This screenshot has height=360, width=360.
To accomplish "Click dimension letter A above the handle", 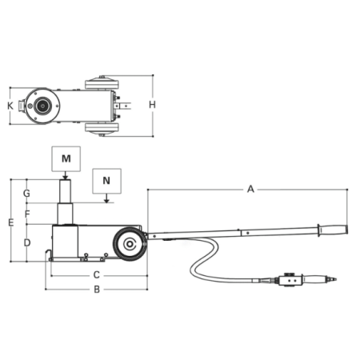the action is tap(250, 189).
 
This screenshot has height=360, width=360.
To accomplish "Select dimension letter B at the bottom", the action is tap(97, 290).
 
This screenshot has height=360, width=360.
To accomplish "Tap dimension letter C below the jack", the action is tap(97, 275).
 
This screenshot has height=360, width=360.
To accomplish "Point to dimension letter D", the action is tap(27, 242).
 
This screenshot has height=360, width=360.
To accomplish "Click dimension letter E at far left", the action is tap(11, 222).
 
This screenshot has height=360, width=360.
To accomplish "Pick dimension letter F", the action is tap(27, 214).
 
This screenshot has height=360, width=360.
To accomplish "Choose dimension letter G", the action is tap(26, 193).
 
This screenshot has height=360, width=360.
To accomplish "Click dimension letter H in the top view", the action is tap(152, 105).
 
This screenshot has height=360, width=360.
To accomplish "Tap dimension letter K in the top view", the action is tap(10, 106).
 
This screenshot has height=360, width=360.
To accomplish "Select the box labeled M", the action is tap(66, 158).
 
